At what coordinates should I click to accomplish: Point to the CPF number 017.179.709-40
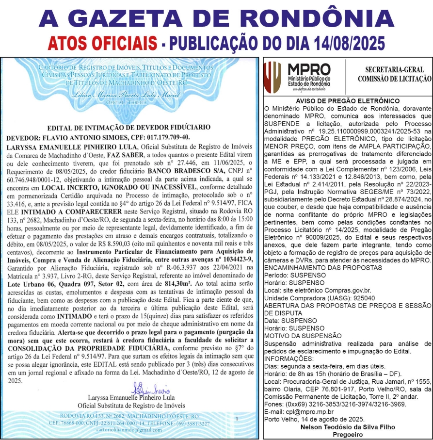pos(159,137)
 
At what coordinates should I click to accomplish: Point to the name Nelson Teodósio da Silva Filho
pos(348,427)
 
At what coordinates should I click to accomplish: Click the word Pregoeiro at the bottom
pos(348,434)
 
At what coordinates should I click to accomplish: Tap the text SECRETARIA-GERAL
pos(394,69)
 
